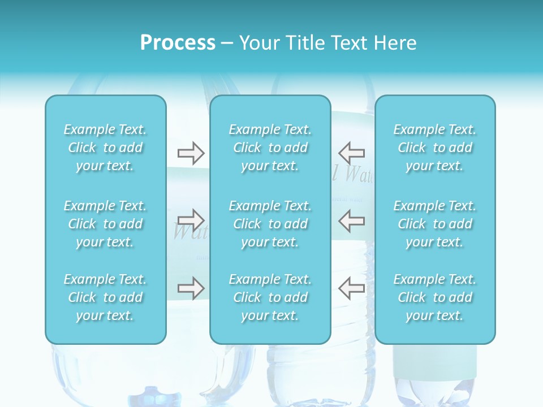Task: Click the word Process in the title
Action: [x=178, y=43]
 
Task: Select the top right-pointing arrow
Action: [x=191, y=153]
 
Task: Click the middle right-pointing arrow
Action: [x=191, y=219]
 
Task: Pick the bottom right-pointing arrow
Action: [x=191, y=288]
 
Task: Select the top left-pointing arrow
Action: [x=352, y=153]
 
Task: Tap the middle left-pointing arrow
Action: [x=352, y=219]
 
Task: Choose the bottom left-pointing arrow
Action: [x=352, y=288]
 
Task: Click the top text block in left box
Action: [x=105, y=148]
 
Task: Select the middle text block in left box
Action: [x=105, y=224]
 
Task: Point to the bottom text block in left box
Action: [x=105, y=297]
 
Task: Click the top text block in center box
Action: [x=270, y=148]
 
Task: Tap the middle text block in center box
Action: [x=270, y=224]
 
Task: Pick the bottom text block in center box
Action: [x=270, y=297]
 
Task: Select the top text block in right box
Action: [x=435, y=148]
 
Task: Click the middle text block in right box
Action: [x=435, y=224]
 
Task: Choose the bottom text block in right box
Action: [x=435, y=297]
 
